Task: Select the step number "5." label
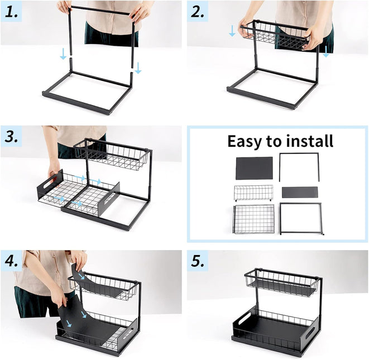click(x=198, y=261)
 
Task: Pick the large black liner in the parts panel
click(x=254, y=168)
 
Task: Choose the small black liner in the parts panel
click(x=300, y=192)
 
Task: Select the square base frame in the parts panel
click(x=301, y=218)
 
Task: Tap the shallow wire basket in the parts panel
click(x=253, y=193)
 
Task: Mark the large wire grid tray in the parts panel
click(x=254, y=219)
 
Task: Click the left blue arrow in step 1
click(x=63, y=54)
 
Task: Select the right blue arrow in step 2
click(x=326, y=51)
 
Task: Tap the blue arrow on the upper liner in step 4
click(x=82, y=276)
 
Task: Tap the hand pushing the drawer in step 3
click(x=54, y=168)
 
